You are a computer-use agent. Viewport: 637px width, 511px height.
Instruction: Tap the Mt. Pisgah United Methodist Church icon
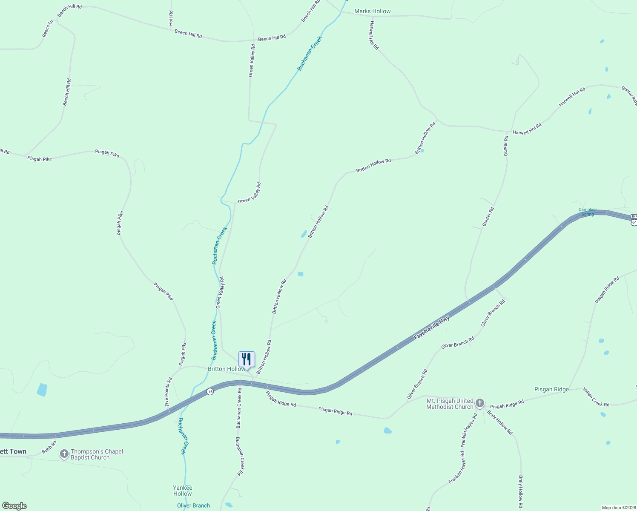click(480, 403)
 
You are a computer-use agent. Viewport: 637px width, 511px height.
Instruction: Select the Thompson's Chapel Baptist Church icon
click(64, 454)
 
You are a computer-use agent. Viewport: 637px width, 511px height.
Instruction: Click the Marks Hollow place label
click(372, 11)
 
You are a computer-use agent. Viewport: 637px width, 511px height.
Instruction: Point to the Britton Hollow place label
click(226, 369)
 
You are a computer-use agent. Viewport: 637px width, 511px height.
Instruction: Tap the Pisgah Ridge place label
click(551, 389)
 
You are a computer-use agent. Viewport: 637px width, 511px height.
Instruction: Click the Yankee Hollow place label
click(183, 491)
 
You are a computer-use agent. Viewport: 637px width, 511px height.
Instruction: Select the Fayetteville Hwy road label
click(432, 327)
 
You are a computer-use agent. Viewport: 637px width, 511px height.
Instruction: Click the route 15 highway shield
click(210, 391)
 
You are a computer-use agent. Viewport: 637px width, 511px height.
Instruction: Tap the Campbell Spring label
click(587, 212)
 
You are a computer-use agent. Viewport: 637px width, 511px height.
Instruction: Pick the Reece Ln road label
click(48, 29)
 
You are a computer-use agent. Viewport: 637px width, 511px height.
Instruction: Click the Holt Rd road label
click(171, 18)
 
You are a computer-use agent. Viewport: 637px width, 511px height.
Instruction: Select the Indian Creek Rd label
click(596, 397)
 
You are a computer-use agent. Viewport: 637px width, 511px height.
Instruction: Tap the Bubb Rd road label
click(49, 447)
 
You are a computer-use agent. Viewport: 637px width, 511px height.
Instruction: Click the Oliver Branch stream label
click(193, 505)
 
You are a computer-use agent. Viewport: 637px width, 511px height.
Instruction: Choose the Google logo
click(14, 506)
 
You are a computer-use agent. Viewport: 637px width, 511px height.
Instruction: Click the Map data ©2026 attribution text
click(618, 508)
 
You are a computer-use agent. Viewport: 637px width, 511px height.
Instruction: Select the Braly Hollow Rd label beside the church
click(500, 422)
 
